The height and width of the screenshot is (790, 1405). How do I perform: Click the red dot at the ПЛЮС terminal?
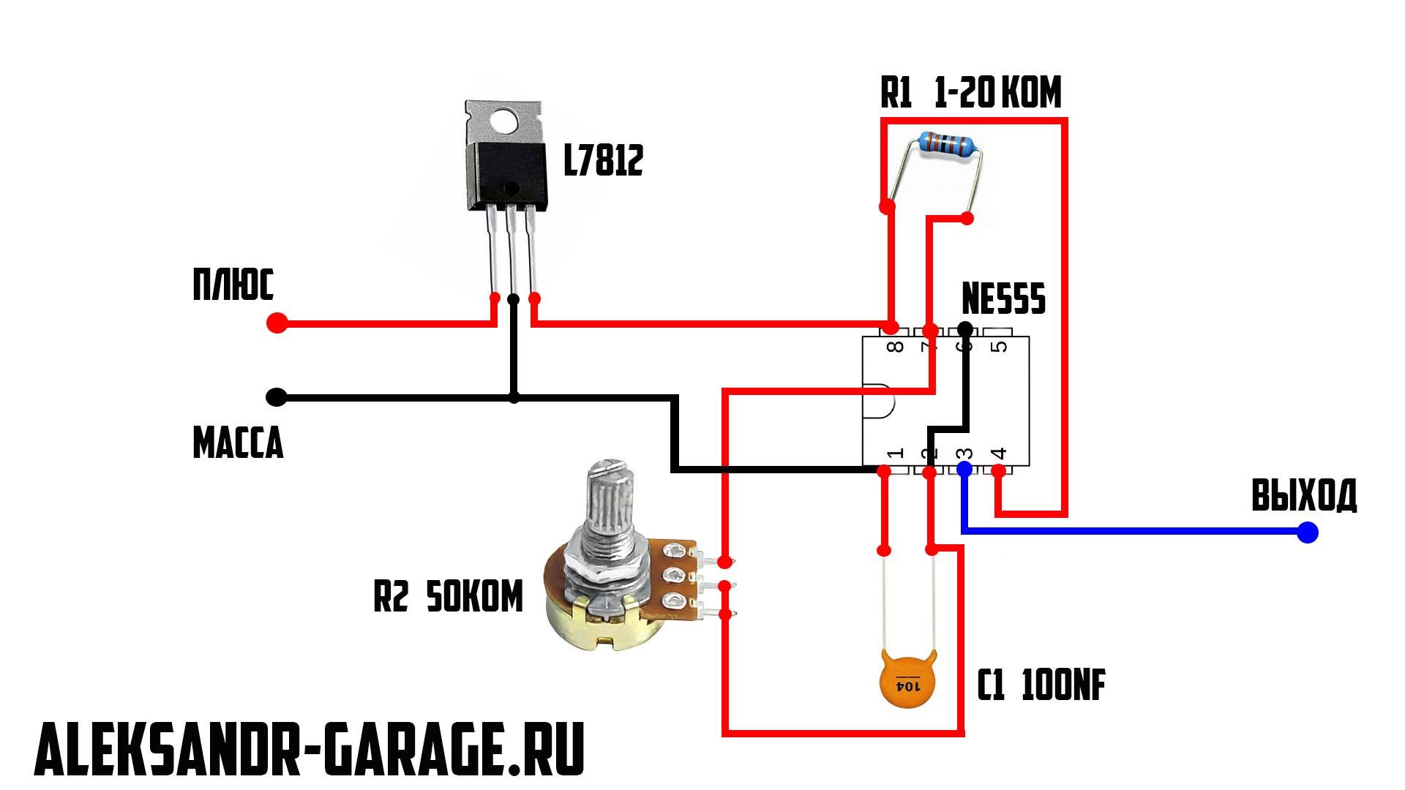[277, 323]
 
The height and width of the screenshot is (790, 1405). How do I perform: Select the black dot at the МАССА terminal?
[277, 397]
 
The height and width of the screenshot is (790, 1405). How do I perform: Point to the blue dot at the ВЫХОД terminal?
[1307, 532]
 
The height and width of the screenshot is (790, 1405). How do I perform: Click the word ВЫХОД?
[1303, 495]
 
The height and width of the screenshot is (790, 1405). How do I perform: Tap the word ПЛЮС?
[233, 285]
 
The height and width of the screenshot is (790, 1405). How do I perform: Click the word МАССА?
[238, 443]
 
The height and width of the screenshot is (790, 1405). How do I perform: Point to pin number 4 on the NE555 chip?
[998, 454]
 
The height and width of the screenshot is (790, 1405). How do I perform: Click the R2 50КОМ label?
[448, 597]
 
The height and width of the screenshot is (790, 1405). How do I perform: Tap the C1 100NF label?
[1041, 685]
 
